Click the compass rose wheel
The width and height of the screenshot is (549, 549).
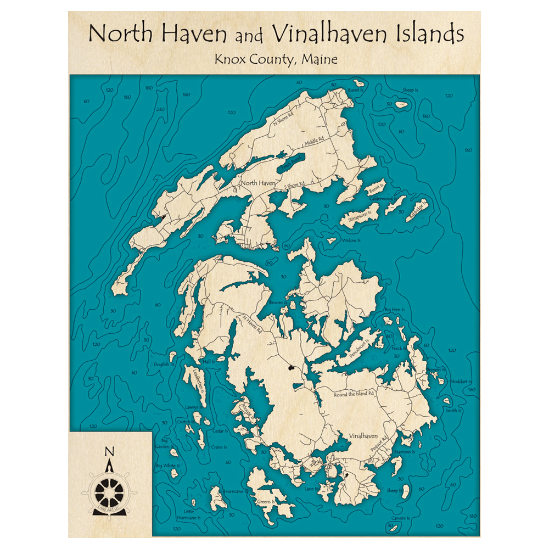[109, 488]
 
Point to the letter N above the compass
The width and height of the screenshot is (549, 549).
[109, 452]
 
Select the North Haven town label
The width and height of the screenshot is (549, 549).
[258, 183]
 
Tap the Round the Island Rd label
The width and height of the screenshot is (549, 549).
[355, 394]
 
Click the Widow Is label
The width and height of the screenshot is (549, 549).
[351, 240]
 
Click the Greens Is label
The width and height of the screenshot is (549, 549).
[265, 501]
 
